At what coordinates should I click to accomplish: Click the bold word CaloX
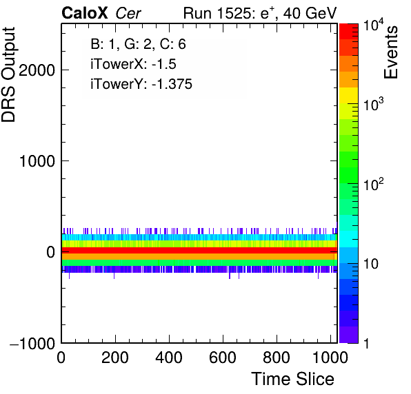click(85, 13)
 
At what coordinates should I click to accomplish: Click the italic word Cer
click(128, 13)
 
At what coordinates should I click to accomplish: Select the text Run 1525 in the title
click(217, 13)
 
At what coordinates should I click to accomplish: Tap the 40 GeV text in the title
click(310, 13)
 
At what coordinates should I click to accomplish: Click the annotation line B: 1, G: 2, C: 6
click(138, 43)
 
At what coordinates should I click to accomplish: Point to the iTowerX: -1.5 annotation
click(133, 64)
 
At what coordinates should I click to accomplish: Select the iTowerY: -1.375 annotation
click(141, 84)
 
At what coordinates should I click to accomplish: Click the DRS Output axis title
click(8, 74)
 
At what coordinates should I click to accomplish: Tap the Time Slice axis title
click(293, 379)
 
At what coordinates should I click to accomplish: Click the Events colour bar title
click(391, 52)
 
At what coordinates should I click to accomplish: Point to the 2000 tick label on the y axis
click(37, 70)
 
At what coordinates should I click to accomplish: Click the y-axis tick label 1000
click(37, 161)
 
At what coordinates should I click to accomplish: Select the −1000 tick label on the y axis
click(32, 343)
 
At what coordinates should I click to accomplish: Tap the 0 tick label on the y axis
click(50, 252)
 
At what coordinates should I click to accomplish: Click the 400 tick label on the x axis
click(169, 357)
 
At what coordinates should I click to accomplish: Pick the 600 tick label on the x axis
click(223, 357)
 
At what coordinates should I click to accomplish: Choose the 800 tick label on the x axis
click(277, 357)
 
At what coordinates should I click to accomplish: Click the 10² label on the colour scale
click(374, 184)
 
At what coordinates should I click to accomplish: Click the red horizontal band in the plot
click(199, 250)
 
